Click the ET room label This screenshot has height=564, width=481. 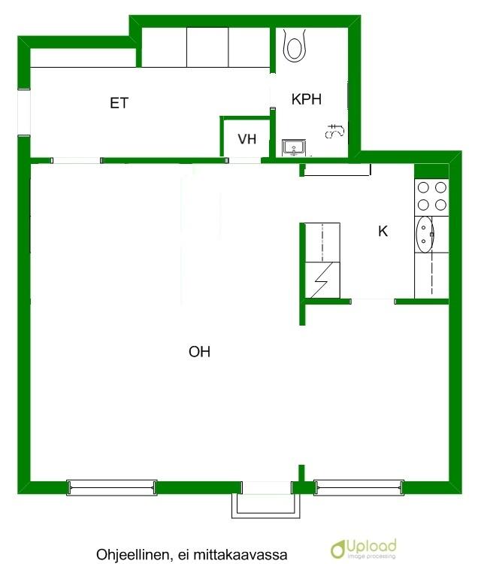(119, 103)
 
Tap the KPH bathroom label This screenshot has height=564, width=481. (307, 99)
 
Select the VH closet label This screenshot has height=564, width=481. (247, 139)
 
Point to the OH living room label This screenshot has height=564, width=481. (199, 351)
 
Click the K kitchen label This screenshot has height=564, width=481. (383, 231)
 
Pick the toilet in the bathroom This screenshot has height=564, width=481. (294, 44)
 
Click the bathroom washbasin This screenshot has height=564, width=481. (294, 148)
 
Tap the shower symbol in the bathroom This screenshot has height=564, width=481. (335, 132)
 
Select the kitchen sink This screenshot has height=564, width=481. (425, 235)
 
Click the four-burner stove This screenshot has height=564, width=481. (431, 196)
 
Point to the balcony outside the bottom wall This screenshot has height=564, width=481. (265, 506)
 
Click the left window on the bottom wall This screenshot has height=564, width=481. (112, 488)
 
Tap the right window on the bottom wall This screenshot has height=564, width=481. (358, 488)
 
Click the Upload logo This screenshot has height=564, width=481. (364, 549)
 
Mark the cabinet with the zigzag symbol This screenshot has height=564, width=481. (322, 280)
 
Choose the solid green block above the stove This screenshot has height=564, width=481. (431, 171)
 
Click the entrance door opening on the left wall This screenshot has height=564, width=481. (24, 112)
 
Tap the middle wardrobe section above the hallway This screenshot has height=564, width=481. (207, 47)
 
